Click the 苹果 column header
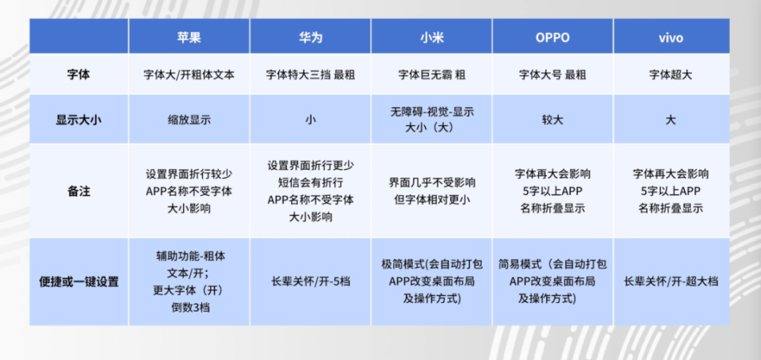(x=189, y=37)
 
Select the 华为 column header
(x=310, y=37)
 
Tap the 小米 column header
(x=431, y=37)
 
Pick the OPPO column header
(x=553, y=37)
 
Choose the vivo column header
(x=671, y=37)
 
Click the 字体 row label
(x=79, y=75)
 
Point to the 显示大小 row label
(x=79, y=121)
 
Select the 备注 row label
(x=79, y=191)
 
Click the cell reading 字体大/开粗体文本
(x=189, y=75)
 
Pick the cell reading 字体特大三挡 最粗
(x=310, y=75)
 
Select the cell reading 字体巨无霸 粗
(x=431, y=75)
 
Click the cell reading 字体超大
(x=671, y=75)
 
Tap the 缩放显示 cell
(x=189, y=121)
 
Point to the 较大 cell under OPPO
(x=553, y=121)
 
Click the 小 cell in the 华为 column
(x=310, y=121)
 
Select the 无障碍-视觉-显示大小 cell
(x=431, y=120)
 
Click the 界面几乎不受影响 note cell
(x=431, y=191)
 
